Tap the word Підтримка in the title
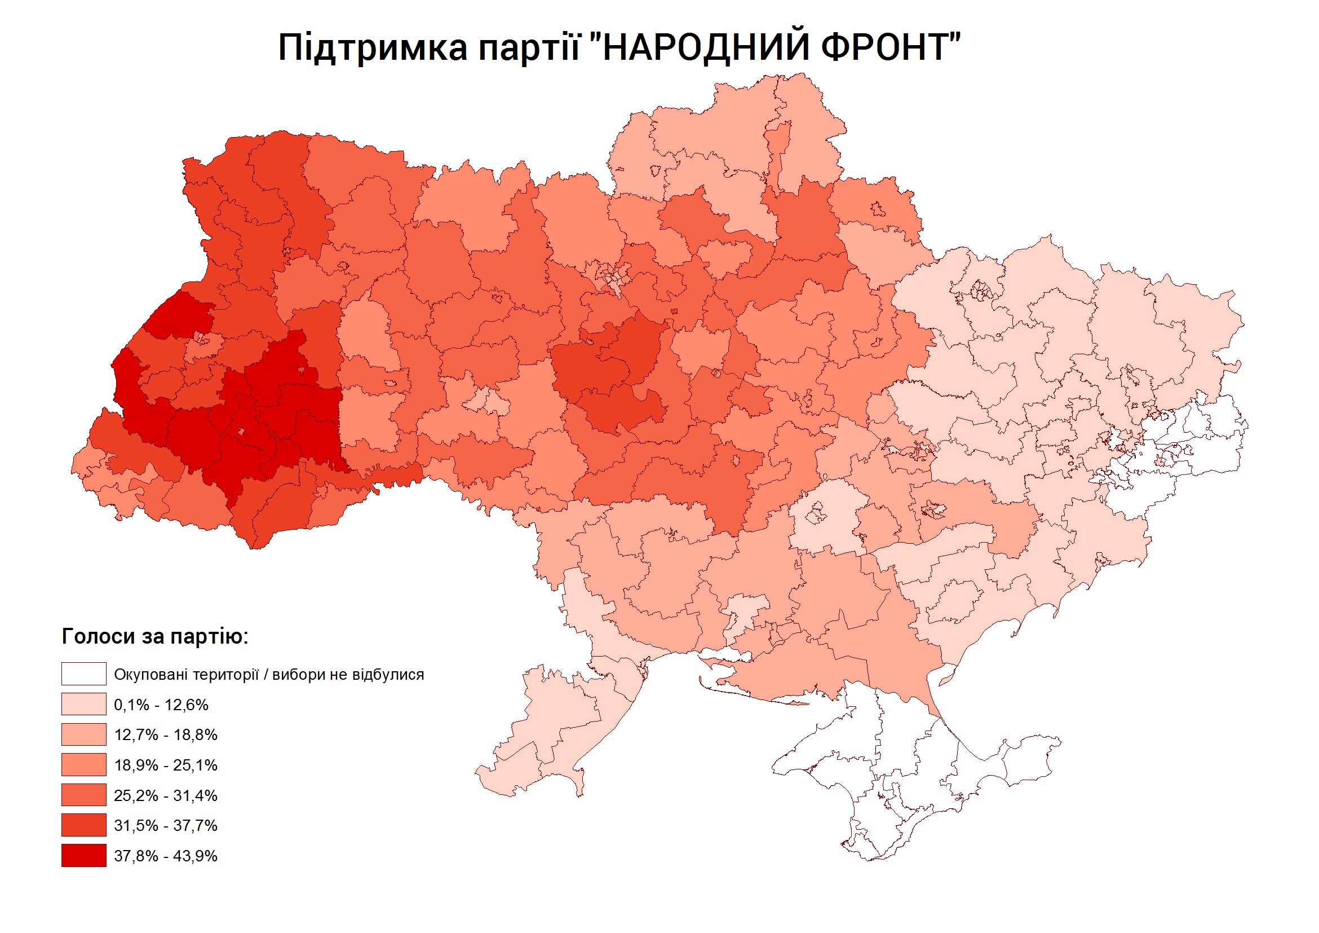373,49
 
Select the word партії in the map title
529,49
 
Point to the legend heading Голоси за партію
154,636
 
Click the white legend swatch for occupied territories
84,674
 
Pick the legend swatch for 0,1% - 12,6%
84,704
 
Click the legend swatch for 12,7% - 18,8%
84,734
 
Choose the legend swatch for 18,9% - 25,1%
84,764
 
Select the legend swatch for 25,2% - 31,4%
84,795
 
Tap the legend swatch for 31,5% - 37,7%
84,825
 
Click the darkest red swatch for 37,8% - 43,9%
84,855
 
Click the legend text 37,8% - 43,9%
166,856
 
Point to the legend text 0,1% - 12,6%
161,705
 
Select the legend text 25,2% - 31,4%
166,795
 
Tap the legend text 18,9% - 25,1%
166,765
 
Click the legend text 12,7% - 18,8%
166,734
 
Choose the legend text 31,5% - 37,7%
166,825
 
